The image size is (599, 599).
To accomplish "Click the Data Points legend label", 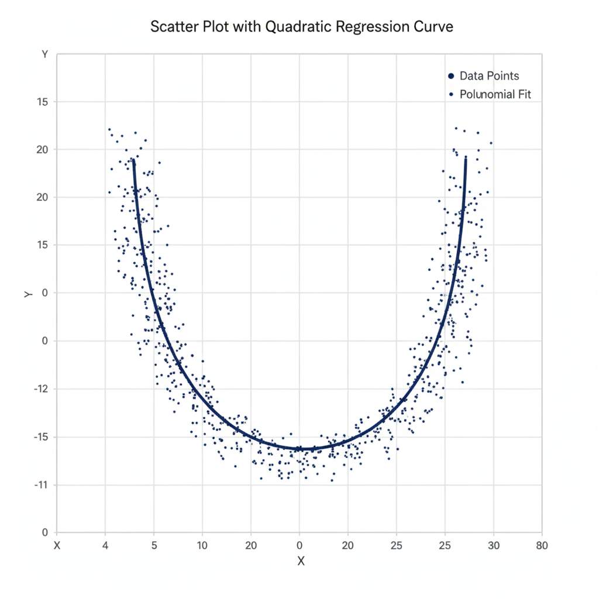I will (x=489, y=76).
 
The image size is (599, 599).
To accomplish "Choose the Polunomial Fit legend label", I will (x=495, y=94).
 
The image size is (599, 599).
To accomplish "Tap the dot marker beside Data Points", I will (x=450, y=76).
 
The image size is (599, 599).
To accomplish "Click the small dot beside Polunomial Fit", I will (x=451, y=94).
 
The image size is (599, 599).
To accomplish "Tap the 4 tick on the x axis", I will (x=105, y=546).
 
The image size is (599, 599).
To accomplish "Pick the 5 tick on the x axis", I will (x=154, y=546).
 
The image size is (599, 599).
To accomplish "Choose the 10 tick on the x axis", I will (x=202, y=546).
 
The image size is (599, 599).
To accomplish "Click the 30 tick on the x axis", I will (x=494, y=546).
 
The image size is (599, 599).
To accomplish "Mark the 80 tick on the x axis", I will (x=542, y=546).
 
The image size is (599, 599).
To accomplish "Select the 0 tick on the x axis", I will (x=299, y=546).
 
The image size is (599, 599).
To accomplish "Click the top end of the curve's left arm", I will (x=133, y=159).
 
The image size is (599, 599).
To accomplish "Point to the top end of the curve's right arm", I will (x=466, y=157).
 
